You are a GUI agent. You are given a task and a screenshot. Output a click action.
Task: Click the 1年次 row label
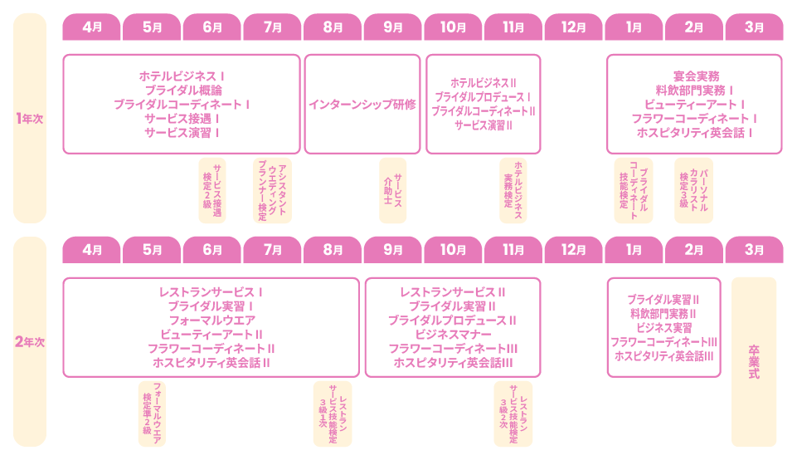30,119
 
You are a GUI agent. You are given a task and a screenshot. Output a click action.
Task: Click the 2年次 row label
30,342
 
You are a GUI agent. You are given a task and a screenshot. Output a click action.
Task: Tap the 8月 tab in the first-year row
333,27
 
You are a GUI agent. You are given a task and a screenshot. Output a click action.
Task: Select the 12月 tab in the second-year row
573,250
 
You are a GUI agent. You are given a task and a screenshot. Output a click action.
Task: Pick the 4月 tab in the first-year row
91,27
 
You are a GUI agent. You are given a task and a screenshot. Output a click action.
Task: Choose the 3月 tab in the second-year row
755,250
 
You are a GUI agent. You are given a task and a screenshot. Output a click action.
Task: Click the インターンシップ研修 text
362,105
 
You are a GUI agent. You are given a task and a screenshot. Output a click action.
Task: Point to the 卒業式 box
754,362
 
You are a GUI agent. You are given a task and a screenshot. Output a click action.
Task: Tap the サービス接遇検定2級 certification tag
212,190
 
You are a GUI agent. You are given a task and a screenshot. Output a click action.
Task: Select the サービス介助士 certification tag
393,190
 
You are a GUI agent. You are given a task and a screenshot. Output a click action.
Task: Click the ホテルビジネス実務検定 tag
513,190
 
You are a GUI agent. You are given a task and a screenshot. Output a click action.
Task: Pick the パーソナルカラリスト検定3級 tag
694,190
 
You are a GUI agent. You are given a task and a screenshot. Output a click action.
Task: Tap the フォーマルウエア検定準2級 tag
152,414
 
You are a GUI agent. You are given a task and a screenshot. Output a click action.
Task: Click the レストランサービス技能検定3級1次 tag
333,414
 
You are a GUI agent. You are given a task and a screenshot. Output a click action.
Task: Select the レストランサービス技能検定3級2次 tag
513,414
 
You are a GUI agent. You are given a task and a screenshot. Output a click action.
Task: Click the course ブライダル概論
183,91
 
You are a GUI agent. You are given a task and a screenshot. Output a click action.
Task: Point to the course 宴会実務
697,76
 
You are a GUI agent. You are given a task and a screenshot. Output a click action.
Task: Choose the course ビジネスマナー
453,335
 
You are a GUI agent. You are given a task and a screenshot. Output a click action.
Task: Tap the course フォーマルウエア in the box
212,321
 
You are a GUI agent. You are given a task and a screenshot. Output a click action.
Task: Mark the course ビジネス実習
663,328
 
